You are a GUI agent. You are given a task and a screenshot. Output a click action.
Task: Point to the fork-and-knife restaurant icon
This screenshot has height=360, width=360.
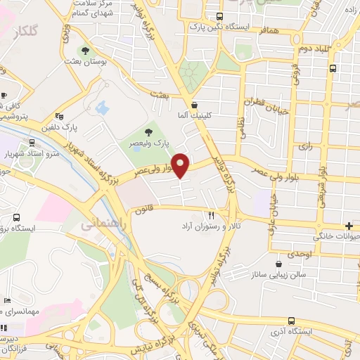211,214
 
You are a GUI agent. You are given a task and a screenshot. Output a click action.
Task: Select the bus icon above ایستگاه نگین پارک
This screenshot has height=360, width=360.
220,15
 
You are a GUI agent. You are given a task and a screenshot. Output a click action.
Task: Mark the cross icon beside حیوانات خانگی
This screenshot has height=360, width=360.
349,226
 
